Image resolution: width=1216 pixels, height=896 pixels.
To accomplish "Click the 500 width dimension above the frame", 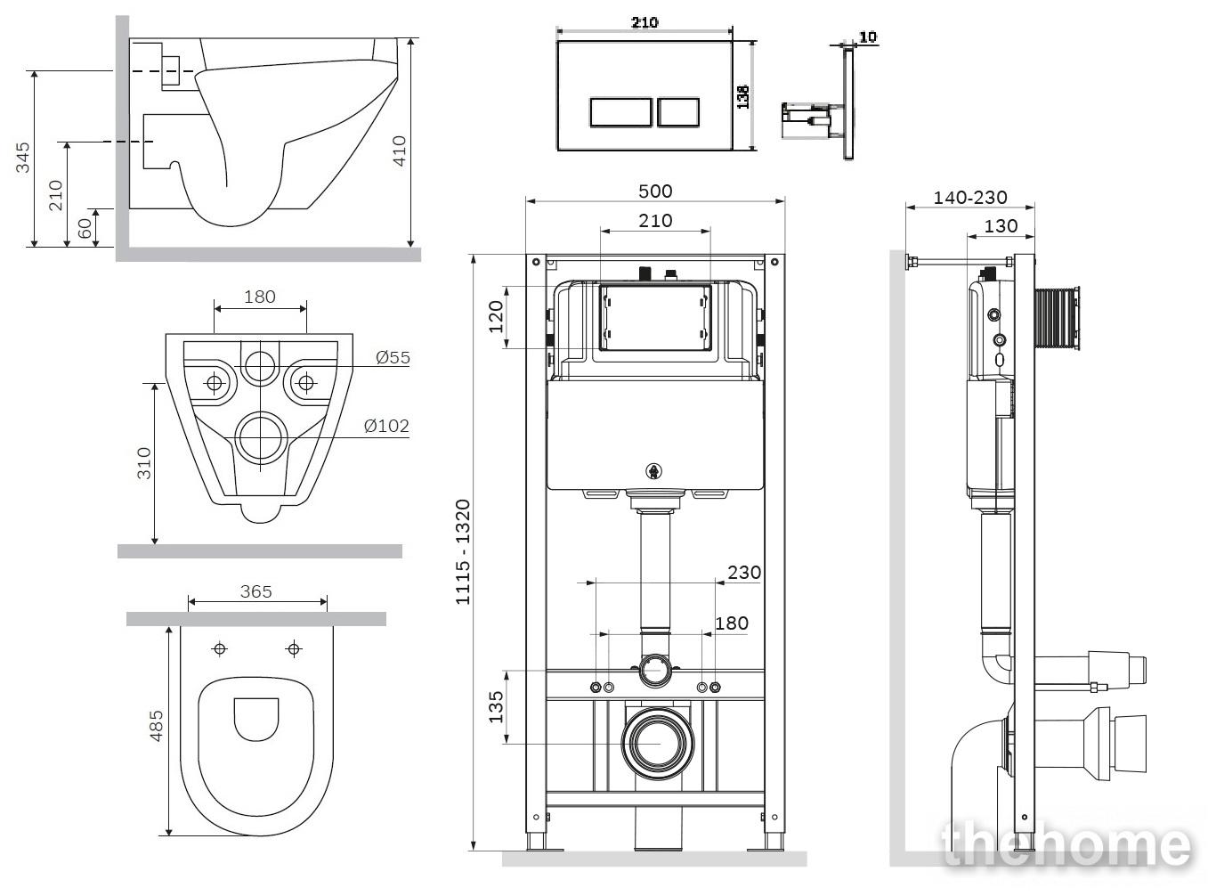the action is click(655, 191).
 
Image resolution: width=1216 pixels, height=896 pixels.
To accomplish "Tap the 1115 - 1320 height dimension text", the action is click(463, 552).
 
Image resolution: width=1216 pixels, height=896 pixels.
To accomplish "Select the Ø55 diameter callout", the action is click(393, 357).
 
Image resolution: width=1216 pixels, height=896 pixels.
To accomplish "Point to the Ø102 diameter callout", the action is click(386, 426).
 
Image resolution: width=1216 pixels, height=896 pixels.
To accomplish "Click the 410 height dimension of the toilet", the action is click(399, 151).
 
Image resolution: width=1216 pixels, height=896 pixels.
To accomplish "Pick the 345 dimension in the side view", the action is click(22, 158).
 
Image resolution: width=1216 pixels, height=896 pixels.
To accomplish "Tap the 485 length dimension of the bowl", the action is click(157, 726).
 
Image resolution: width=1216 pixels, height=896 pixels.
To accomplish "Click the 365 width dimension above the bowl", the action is click(255, 591).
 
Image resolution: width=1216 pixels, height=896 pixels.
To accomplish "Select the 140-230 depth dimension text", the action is click(970, 197).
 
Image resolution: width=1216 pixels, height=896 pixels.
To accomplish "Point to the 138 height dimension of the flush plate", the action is click(743, 97).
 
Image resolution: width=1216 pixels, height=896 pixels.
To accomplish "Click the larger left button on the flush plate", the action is click(620, 112).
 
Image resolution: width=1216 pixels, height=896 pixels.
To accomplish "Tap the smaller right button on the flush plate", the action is click(678, 112).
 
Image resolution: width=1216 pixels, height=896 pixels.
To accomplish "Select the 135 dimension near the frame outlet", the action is click(496, 706).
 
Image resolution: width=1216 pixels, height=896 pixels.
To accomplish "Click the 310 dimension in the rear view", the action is click(144, 463).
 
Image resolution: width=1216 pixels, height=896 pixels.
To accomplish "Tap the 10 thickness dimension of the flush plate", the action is click(868, 37).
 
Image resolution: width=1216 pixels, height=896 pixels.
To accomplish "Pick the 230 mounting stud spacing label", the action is click(743, 573).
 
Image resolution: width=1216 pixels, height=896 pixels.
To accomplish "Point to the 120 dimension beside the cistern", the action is click(496, 316).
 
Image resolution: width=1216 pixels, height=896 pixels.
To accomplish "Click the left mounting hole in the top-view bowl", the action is click(220, 648).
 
